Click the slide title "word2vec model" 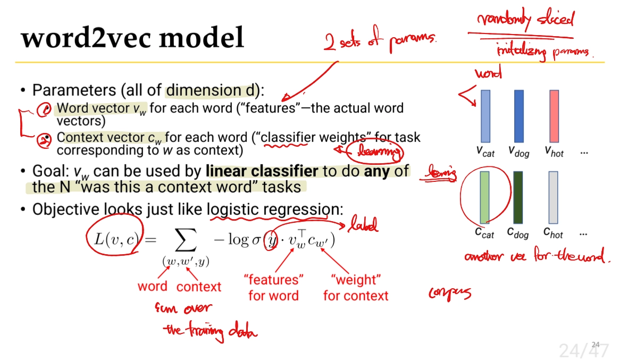(132, 38)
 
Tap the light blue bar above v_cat (485, 116)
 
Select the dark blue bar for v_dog (518, 116)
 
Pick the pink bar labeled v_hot (554, 116)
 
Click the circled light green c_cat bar (484, 197)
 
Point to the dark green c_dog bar (518, 197)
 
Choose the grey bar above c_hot (553, 197)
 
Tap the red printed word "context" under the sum (198, 287)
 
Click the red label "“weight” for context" (356, 288)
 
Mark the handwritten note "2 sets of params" (380, 41)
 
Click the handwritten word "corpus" (449, 293)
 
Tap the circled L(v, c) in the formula (113, 240)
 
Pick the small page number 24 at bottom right (595, 344)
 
